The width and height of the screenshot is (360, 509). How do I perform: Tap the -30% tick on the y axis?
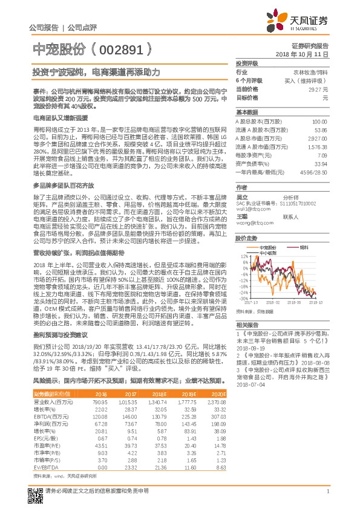coord(242,298)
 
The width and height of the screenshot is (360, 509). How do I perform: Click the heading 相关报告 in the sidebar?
coord(245,325)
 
